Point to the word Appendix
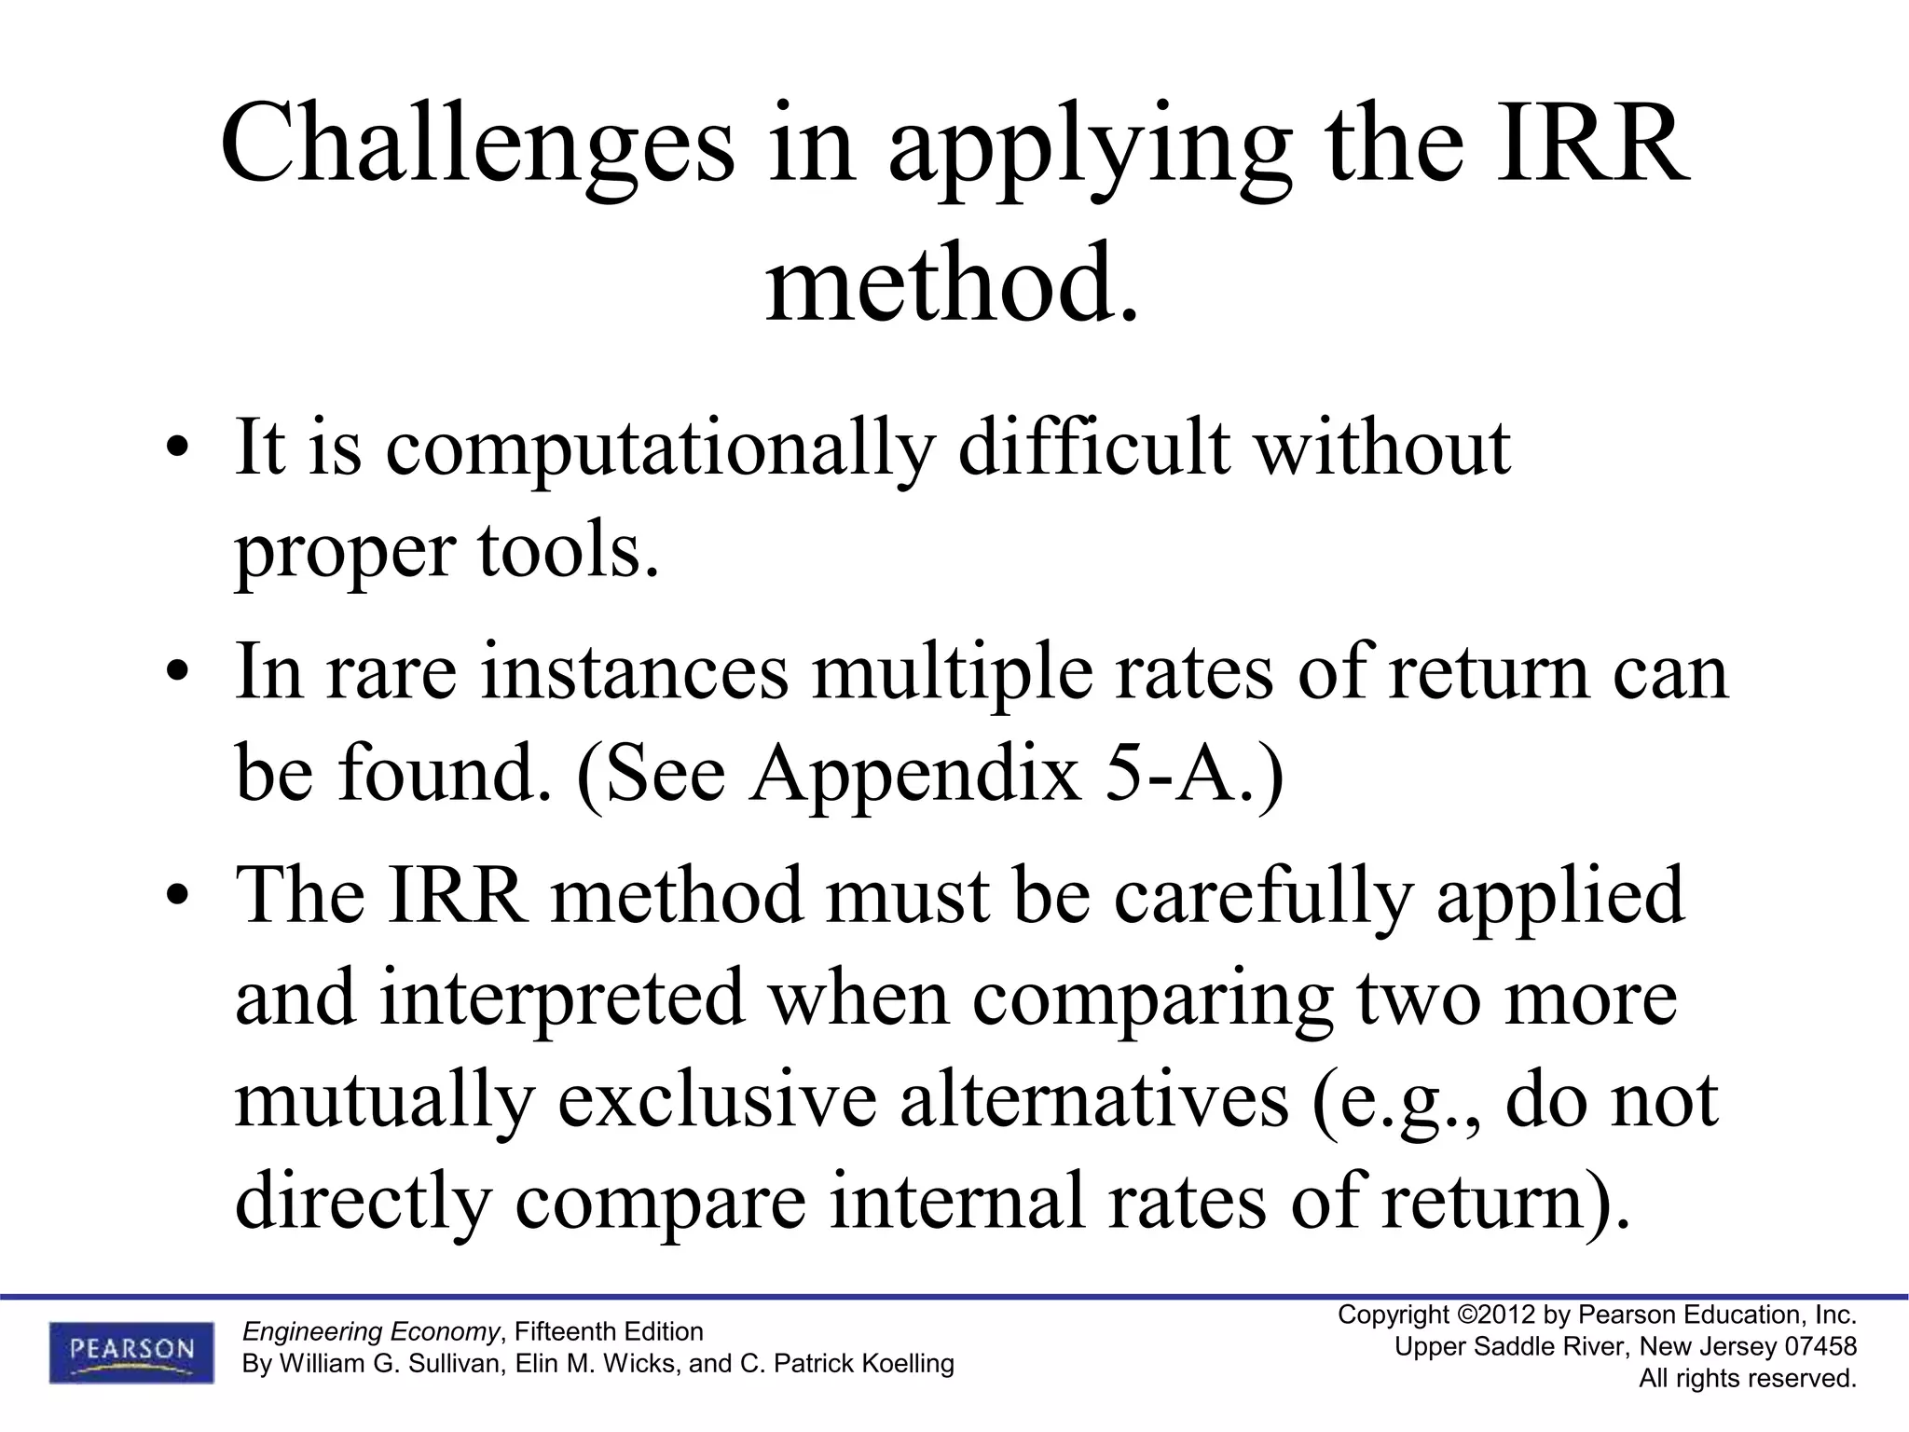tap(916, 776)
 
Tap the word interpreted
tap(562, 998)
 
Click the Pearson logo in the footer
tap(131, 1351)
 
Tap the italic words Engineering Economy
tap(370, 1330)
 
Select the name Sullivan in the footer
tap(451, 1364)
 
